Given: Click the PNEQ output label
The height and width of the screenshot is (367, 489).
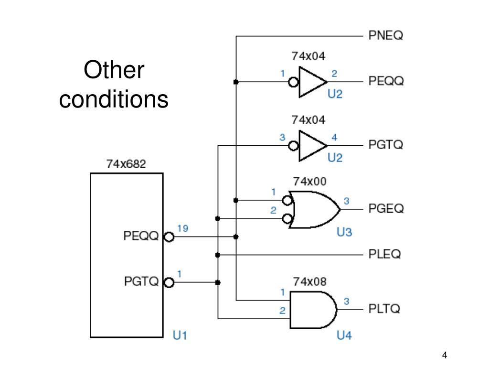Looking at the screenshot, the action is (x=386, y=35).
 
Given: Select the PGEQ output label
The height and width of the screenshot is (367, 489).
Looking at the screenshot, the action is (x=386, y=208).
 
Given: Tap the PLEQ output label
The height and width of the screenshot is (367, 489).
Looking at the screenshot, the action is (x=384, y=254).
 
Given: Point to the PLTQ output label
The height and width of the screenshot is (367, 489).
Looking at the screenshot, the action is (x=384, y=309).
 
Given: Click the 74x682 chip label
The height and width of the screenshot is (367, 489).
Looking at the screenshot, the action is (x=126, y=164).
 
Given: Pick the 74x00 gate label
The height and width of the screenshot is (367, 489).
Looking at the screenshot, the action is (x=309, y=181).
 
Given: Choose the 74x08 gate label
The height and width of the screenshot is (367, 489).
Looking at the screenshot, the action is (x=309, y=281).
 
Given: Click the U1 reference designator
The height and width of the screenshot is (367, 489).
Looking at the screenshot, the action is (x=180, y=335).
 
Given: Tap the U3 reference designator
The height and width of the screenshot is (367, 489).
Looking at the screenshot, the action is (x=344, y=232).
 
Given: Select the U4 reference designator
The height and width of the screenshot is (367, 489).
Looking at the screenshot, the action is (x=344, y=335).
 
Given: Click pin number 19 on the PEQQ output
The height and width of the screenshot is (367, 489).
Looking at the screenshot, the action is (x=183, y=228).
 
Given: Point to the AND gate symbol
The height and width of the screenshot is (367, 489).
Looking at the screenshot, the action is (x=313, y=310).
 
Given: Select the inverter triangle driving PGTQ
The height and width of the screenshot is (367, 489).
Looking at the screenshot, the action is (x=313, y=146).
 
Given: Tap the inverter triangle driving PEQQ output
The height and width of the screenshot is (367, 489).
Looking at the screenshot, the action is (x=313, y=82).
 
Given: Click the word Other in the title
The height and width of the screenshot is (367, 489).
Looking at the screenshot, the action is (x=114, y=70).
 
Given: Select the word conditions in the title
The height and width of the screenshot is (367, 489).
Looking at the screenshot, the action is (x=114, y=99).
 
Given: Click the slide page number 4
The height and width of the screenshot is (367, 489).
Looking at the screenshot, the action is (x=445, y=355).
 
